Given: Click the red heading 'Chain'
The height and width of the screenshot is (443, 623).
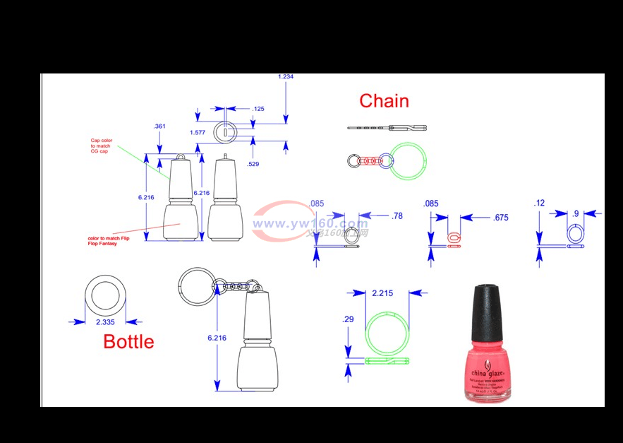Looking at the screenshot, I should coord(384,101).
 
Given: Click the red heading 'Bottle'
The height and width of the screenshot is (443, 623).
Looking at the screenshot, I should coord(128,341).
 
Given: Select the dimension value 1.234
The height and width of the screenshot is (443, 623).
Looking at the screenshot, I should coord(286,76).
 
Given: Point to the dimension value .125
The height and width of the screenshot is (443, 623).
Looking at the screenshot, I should coord(258,109).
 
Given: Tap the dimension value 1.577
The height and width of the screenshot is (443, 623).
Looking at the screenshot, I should coord(198,132).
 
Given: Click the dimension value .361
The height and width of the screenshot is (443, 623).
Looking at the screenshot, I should coord(159,126).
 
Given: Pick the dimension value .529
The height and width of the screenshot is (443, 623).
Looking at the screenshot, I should coord(253,164).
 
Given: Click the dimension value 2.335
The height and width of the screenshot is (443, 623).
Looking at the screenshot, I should coord(104,322).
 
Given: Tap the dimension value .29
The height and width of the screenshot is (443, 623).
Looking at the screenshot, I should coord(349,320).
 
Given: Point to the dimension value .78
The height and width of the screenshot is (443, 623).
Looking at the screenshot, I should coord(397,215).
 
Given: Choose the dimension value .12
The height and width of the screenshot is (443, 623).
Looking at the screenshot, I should coord(540,203).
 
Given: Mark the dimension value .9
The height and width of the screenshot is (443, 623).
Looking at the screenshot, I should coord(576,213).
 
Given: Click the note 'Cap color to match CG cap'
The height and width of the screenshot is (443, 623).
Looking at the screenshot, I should coord(101,146).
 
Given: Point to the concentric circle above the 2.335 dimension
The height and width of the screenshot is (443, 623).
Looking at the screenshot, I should coord(104,295).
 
